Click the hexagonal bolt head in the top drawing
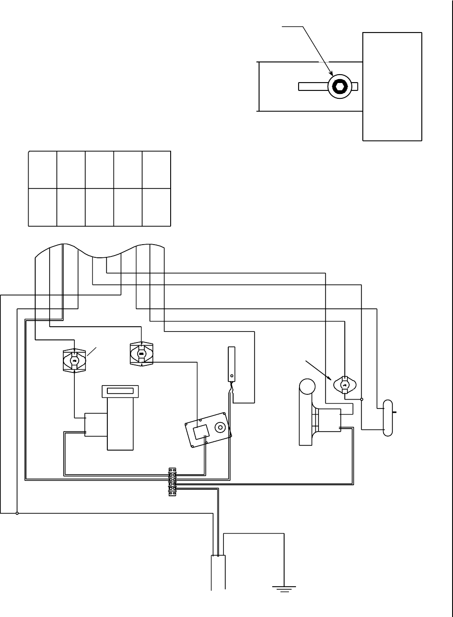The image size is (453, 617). point(340,86)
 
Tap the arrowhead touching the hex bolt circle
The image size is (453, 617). point(331,75)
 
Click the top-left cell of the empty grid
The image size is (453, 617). point(43,170)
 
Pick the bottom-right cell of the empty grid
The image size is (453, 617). point(156,207)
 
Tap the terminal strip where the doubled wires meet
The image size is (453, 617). point(172,482)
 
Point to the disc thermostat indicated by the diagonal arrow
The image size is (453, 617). point(345,385)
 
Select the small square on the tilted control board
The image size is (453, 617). point(201,431)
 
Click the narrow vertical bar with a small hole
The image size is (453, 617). point(231,364)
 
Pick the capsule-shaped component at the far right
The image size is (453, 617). point(388,418)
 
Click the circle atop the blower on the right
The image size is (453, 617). point(307,387)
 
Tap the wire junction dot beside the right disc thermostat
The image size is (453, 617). point(362,400)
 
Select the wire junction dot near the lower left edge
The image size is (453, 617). point(17,513)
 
